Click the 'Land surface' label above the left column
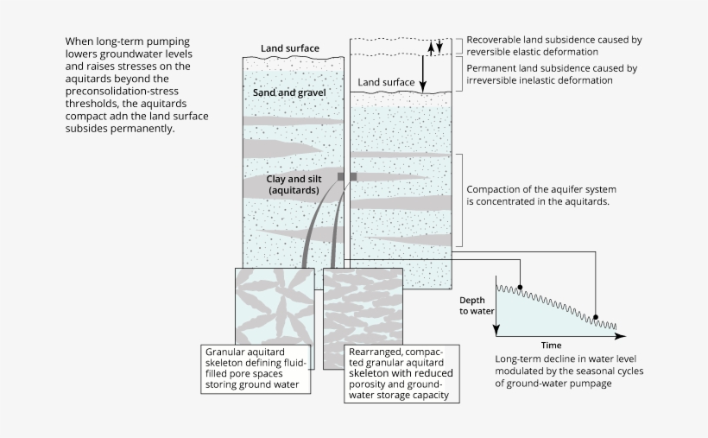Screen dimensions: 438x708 (290, 48)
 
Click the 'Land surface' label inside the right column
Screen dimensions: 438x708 (387, 83)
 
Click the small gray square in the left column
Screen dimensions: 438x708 (341, 176)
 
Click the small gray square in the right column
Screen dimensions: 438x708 (353, 176)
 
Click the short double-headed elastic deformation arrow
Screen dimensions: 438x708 (439, 46)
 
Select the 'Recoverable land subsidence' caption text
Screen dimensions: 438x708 (553, 46)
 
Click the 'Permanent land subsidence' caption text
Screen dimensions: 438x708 (552, 73)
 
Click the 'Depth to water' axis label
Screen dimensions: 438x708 (474, 304)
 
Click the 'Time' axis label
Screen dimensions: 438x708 (556, 345)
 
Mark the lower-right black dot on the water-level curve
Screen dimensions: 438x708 (594, 318)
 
